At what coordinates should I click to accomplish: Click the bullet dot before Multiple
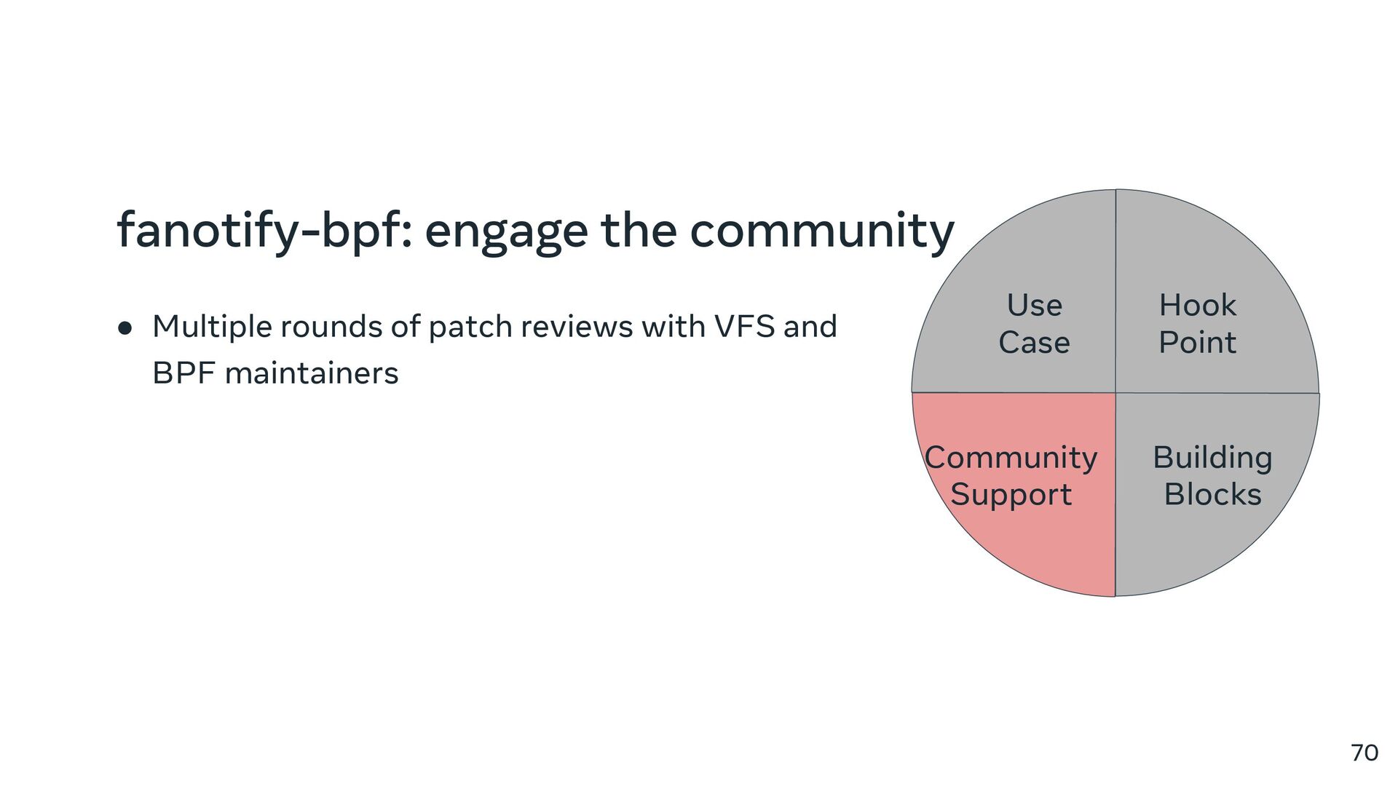tap(125, 328)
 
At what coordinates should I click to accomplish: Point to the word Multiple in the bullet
tap(212, 327)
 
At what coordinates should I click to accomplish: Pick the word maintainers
tap(312, 373)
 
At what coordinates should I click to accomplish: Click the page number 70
tap(1364, 753)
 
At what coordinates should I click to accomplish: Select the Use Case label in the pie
tap(1034, 323)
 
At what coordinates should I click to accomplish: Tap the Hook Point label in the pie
tap(1197, 323)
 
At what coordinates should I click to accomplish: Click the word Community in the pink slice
tap(1011, 458)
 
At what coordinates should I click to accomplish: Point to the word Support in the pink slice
tap(1011, 495)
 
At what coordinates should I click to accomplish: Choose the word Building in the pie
tap(1212, 458)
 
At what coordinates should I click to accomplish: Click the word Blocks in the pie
tap(1212, 495)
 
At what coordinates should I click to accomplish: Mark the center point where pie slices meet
tap(1115, 393)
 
